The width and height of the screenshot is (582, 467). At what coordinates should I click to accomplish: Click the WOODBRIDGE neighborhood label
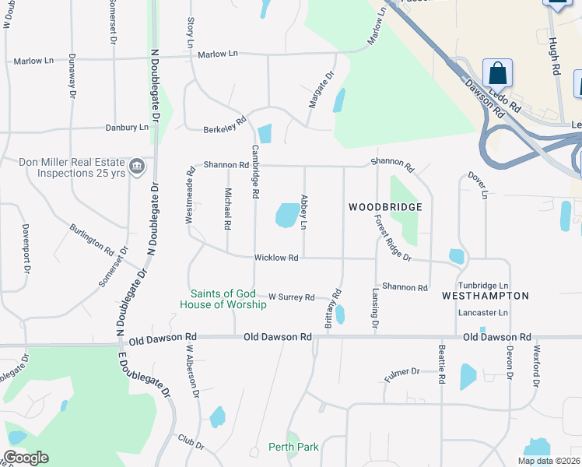(385, 207)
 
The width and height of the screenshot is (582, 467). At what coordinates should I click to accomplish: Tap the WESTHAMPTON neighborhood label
(485, 296)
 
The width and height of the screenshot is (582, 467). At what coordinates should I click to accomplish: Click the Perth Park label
(293, 447)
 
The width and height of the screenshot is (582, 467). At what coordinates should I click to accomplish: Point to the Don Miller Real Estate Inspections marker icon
(137, 167)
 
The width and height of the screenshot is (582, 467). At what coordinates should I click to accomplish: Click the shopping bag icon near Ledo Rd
(497, 74)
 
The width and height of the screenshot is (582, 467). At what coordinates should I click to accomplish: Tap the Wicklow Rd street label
(276, 258)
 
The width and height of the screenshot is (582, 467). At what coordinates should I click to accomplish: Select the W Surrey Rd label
(291, 297)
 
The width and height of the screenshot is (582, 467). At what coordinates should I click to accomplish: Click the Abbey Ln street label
(304, 212)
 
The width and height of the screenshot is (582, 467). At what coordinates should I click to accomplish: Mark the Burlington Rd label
(92, 239)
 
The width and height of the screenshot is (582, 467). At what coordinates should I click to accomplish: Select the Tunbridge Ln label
(482, 286)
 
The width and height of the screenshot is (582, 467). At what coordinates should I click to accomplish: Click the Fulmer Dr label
(402, 374)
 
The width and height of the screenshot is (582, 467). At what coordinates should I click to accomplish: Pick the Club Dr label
(191, 441)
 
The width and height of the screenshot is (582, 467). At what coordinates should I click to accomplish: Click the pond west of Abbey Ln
(287, 215)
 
